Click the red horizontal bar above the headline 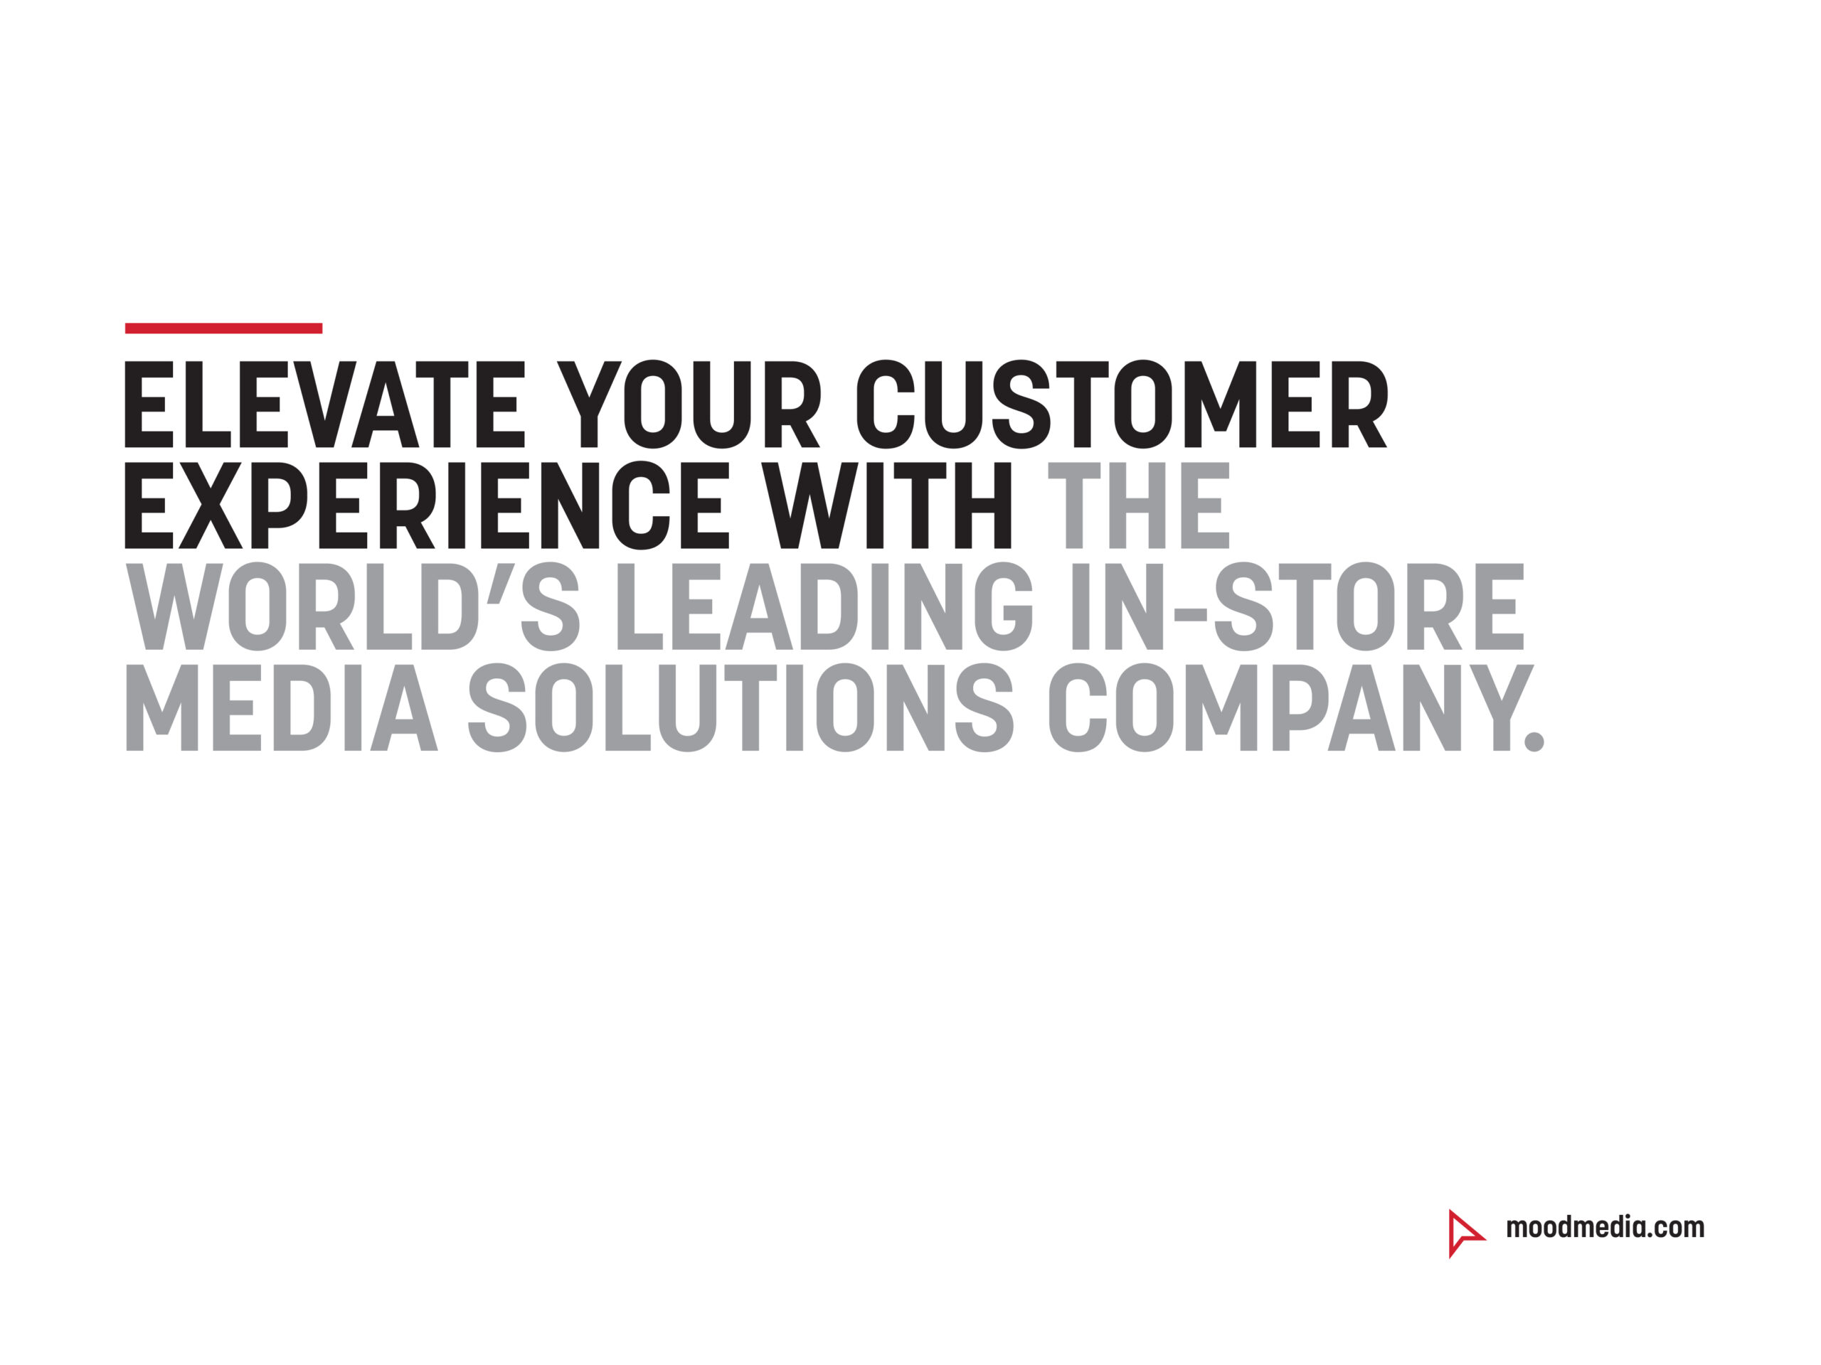223,328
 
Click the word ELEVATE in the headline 324,404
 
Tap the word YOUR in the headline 689,404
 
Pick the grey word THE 1139,505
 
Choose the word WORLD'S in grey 352,606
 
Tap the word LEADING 824,606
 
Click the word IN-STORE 1298,606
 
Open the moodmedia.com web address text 1605,1228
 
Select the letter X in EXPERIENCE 211,505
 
